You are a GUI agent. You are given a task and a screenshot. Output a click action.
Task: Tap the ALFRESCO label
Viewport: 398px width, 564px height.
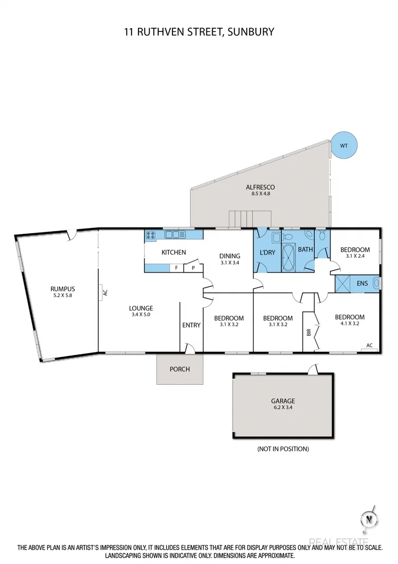click(x=260, y=187)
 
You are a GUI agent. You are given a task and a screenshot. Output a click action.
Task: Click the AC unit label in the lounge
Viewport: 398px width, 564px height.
click(x=105, y=292)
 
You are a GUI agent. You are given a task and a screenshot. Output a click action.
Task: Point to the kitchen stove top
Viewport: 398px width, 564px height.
click(x=150, y=234)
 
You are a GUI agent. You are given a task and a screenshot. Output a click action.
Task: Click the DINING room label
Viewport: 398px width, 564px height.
click(x=230, y=256)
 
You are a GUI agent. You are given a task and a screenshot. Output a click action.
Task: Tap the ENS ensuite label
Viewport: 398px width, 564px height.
click(x=362, y=284)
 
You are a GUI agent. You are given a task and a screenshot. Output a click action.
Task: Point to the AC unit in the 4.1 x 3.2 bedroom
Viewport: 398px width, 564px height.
click(x=370, y=346)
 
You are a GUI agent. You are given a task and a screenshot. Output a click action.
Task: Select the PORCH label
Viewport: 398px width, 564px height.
click(x=179, y=369)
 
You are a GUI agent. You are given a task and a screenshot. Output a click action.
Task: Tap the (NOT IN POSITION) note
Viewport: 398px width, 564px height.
click(x=283, y=449)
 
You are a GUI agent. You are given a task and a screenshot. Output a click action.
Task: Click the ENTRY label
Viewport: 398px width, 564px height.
click(x=192, y=325)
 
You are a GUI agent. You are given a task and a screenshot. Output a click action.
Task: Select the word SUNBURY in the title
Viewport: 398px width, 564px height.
click(x=251, y=32)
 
